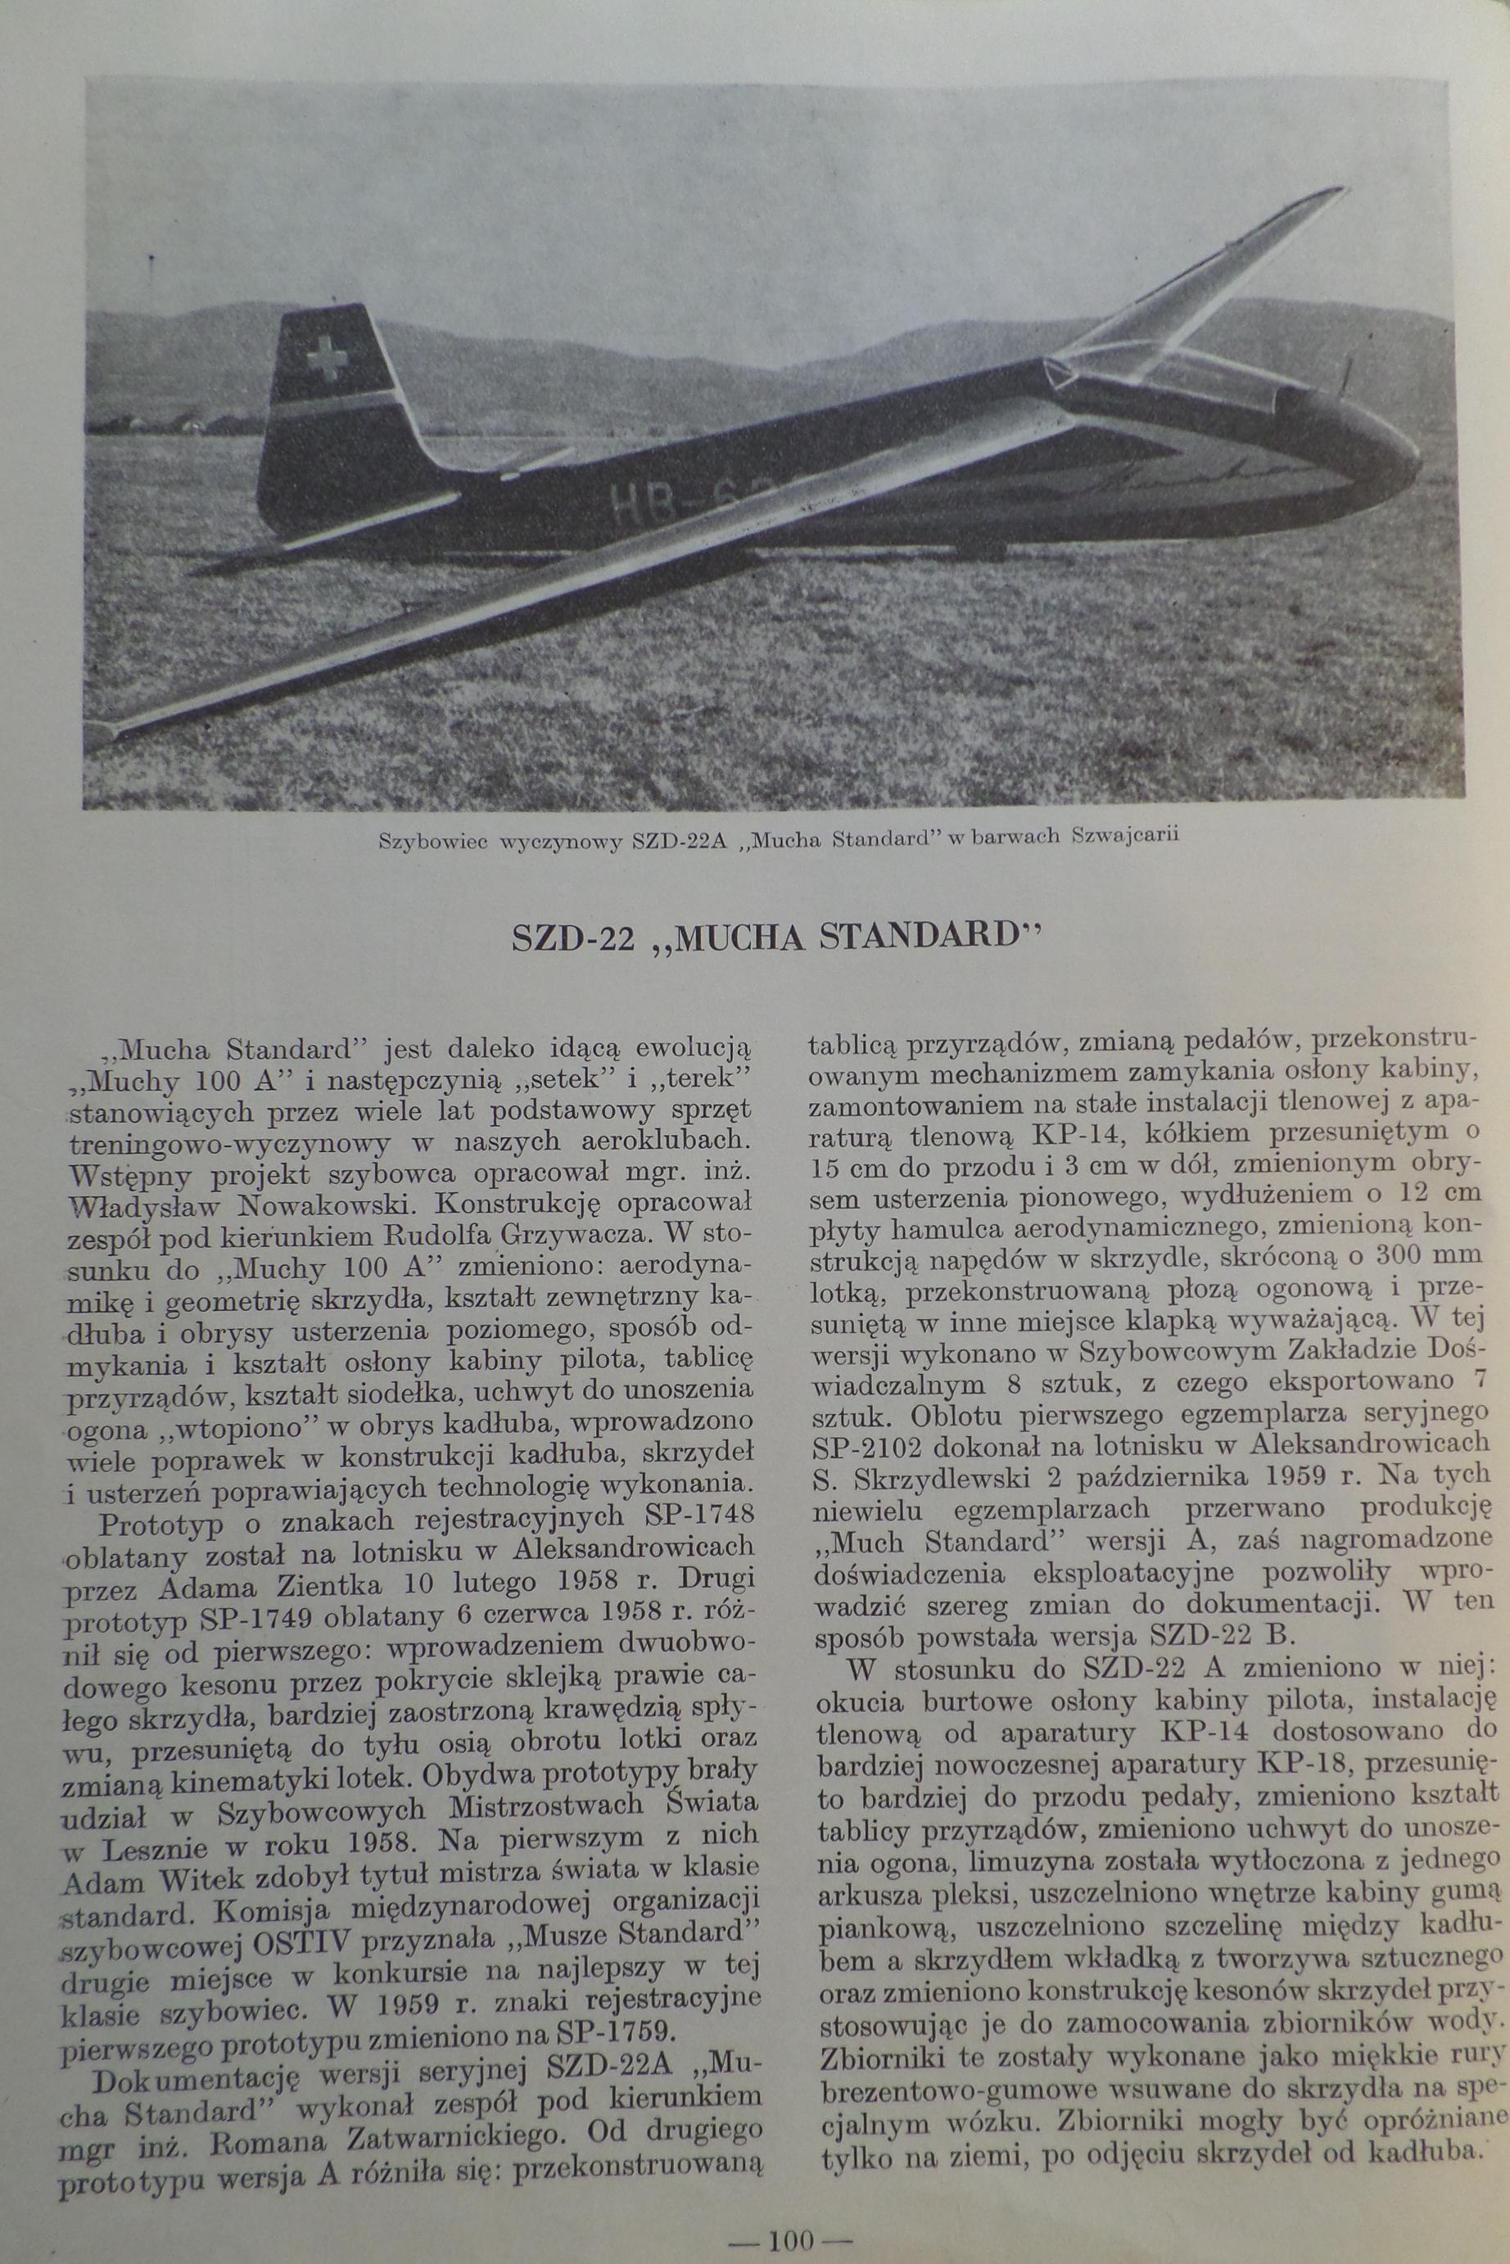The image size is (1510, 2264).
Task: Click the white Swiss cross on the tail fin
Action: coord(325,359)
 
